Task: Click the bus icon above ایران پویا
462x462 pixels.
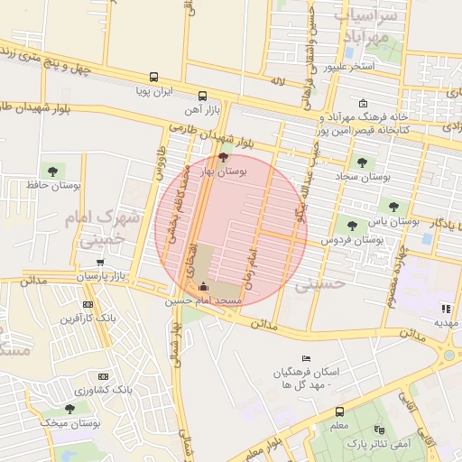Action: point(154,78)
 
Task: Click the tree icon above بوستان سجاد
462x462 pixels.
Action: point(362,163)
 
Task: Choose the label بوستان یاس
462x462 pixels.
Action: point(402,220)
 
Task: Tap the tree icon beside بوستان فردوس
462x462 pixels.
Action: point(352,226)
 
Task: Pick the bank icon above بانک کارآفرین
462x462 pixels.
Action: point(88,305)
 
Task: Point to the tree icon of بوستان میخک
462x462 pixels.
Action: point(44,409)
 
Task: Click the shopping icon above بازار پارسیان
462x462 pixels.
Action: point(99,263)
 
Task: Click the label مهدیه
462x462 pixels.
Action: point(447,322)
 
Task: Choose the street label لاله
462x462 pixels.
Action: point(277,81)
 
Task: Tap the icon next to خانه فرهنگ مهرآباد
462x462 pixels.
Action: point(363,103)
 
